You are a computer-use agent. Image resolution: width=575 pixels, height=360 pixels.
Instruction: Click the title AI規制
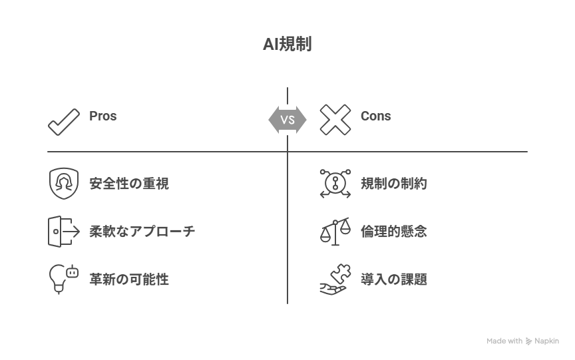(x=287, y=45)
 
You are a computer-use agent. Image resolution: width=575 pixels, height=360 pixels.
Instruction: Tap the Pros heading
(x=103, y=116)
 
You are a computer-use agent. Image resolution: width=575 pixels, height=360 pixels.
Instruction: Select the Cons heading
(x=376, y=116)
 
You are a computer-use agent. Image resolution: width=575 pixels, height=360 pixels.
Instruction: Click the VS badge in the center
(x=287, y=120)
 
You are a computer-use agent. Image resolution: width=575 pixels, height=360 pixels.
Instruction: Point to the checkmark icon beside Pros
(x=64, y=122)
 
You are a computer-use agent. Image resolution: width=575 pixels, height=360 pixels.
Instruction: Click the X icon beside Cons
(x=335, y=120)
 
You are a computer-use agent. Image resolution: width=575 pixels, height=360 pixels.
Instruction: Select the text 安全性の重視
(x=129, y=184)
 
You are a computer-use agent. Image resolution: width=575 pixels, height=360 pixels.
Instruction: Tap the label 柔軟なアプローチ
(x=142, y=232)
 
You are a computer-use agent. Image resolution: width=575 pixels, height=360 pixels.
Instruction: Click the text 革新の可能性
(x=129, y=279)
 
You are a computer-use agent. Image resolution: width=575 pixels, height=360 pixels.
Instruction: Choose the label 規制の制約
(x=394, y=184)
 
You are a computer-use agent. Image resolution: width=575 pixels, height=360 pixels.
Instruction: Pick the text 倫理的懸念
(x=394, y=232)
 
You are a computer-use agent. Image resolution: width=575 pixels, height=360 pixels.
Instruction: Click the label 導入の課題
(x=394, y=279)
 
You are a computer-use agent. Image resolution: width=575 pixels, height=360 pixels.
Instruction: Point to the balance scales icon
(x=335, y=232)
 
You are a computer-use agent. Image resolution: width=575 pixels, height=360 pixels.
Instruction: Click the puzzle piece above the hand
(x=341, y=273)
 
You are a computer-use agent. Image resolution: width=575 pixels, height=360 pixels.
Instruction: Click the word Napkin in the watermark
(x=546, y=341)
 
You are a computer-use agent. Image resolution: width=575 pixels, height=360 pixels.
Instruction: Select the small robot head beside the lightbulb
(x=73, y=272)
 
